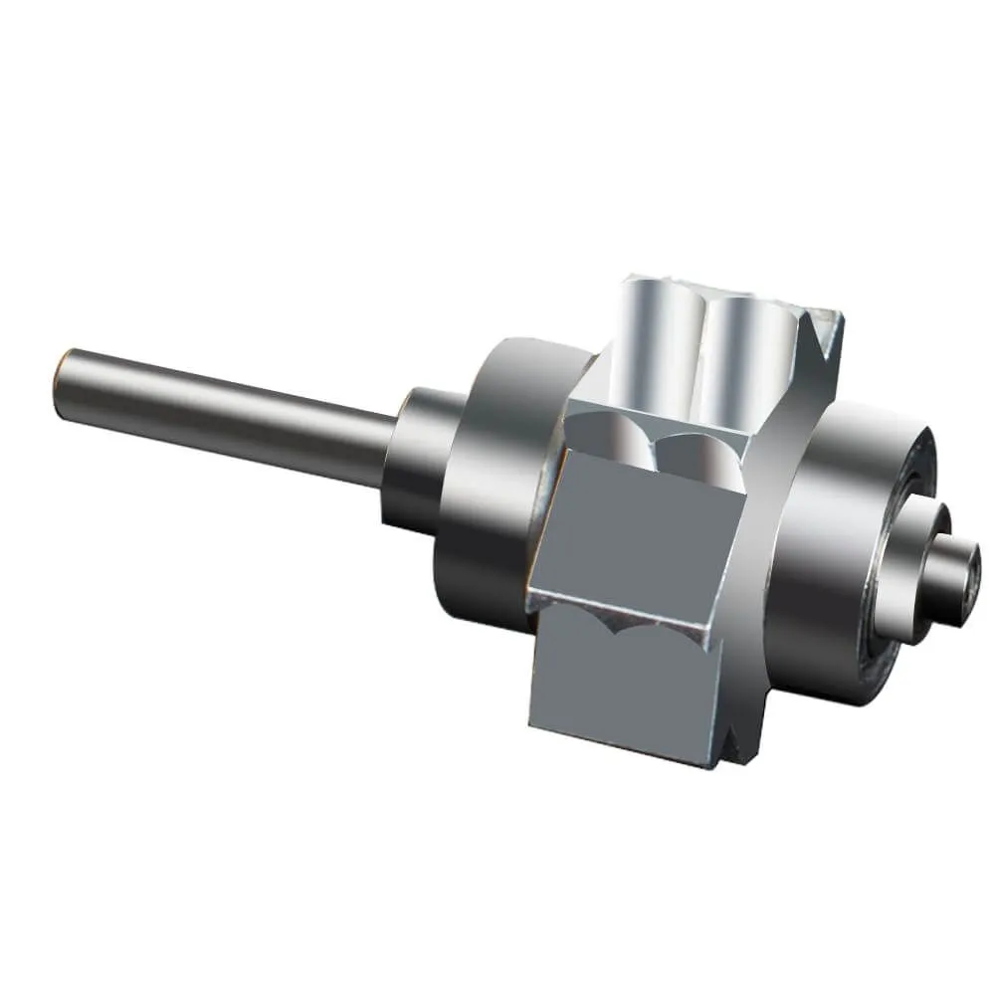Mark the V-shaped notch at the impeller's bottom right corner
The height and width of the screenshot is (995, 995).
[x=733, y=746]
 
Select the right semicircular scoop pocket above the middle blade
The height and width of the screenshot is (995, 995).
[x=701, y=453]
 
